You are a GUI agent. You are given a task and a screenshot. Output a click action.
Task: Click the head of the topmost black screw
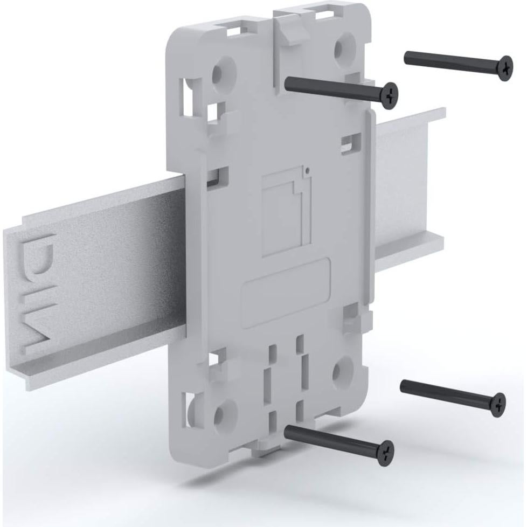pos(505,68)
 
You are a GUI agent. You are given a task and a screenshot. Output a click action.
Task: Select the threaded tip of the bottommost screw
pos(288,429)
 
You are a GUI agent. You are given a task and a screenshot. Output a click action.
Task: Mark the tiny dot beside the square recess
pos(306,172)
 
